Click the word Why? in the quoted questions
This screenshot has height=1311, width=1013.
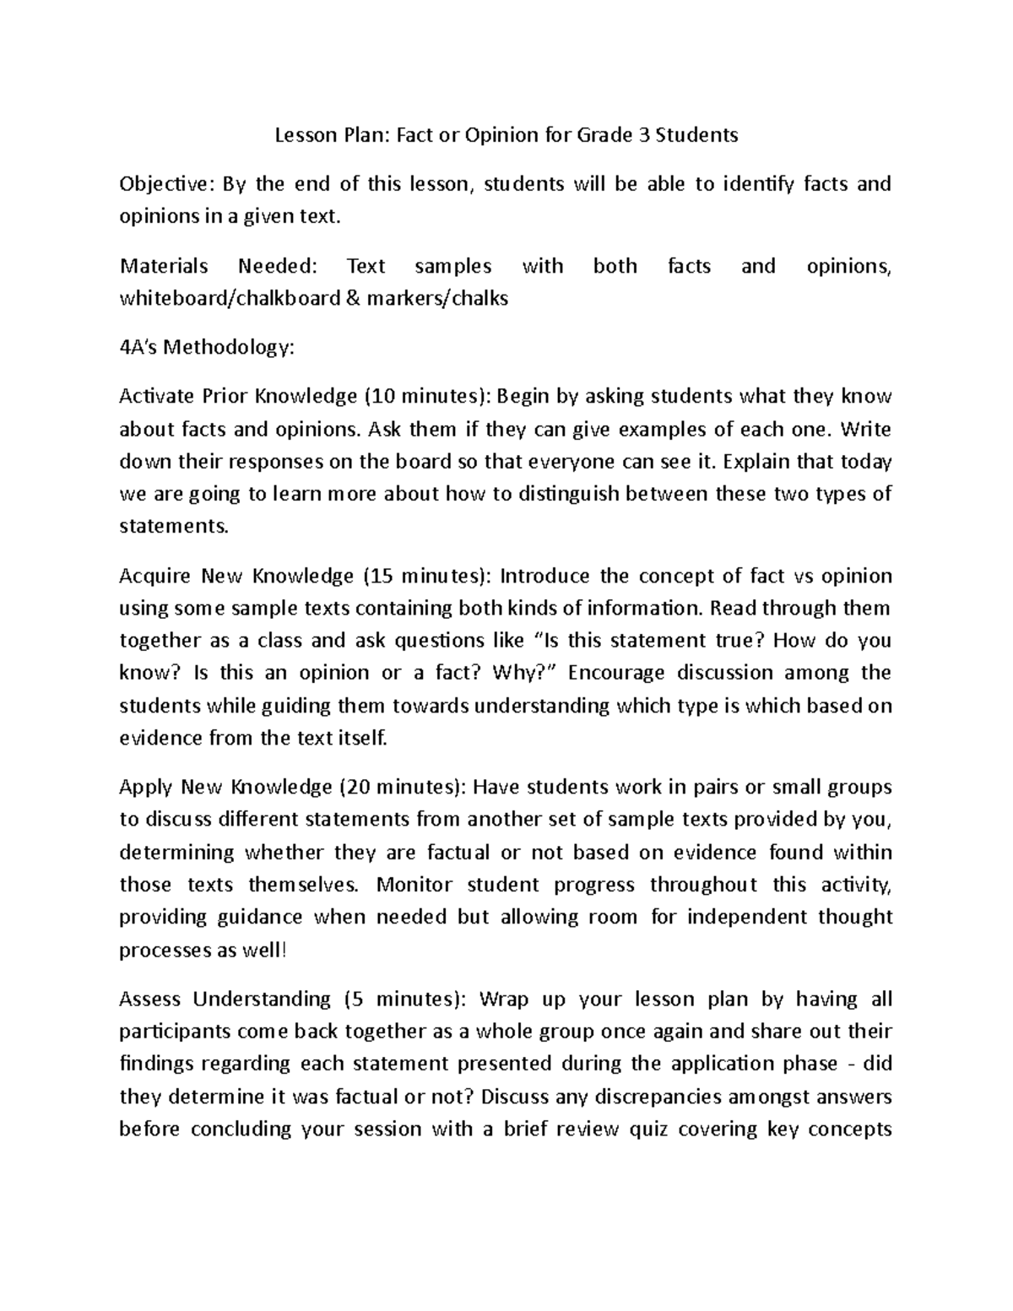point(530,673)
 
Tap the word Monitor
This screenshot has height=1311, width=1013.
point(414,885)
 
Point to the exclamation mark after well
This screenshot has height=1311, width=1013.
point(284,951)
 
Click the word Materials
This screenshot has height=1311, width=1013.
point(164,266)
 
